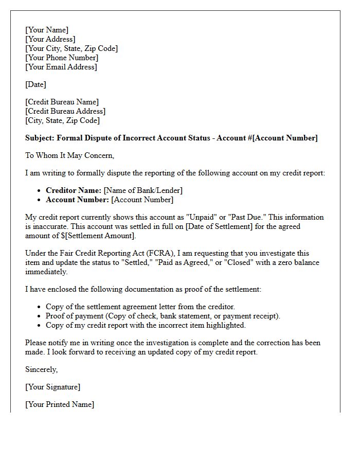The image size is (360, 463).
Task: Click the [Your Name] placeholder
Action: click(x=47, y=30)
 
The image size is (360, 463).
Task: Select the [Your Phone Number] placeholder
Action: click(x=62, y=58)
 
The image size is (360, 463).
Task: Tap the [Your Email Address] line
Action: click(x=61, y=67)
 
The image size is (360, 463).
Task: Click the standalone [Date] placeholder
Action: click(x=35, y=84)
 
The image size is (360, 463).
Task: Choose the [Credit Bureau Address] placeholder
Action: click(x=65, y=111)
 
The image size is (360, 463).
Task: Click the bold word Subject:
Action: click(x=40, y=138)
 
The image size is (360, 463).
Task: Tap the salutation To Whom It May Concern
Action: click(x=69, y=155)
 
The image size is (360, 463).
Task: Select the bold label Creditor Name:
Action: click(x=74, y=190)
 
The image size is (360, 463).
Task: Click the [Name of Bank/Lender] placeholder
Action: click(x=143, y=190)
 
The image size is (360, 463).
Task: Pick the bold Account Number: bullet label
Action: click(x=77, y=200)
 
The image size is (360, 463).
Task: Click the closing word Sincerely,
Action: click(x=42, y=369)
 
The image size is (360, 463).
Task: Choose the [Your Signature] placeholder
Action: click(x=52, y=387)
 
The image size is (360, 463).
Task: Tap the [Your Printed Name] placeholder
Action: click(x=60, y=404)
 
